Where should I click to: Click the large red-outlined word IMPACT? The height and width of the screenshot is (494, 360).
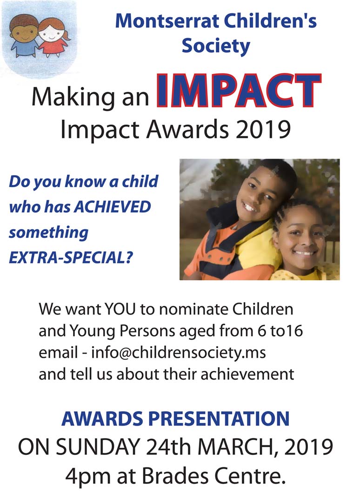(x=239, y=91)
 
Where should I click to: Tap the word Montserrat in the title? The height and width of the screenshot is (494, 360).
(x=167, y=21)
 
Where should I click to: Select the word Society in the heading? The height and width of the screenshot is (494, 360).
(x=216, y=46)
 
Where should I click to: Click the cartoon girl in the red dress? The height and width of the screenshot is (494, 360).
(x=53, y=37)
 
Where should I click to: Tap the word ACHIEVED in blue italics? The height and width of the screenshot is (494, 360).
(x=112, y=207)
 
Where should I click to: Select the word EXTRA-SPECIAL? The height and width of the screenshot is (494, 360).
(x=71, y=257)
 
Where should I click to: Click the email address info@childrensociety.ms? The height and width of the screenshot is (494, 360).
(x=179, y=353)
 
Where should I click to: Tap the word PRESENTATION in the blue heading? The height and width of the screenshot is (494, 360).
(x=219, y=418)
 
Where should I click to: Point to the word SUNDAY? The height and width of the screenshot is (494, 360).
(x=97, y=447)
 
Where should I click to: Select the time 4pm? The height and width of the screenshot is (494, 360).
(x=88, y=477)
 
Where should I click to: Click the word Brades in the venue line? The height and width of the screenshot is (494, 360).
(x=175, y=476)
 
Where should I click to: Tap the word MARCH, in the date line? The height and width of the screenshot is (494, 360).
(x=238, y=447)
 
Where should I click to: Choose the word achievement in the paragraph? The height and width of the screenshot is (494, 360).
(x=247, y=374)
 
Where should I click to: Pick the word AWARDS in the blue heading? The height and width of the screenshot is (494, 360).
(x=102, y=418)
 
